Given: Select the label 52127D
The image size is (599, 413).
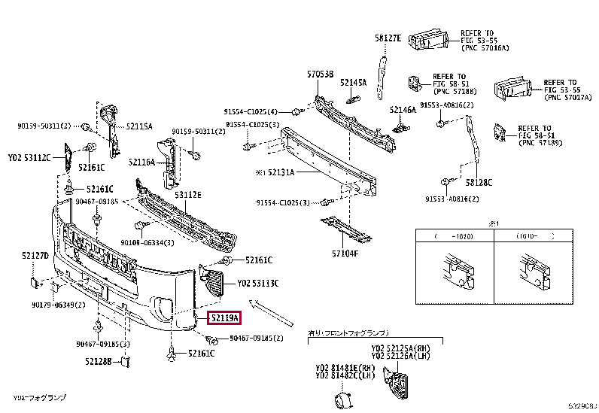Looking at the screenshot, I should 34,257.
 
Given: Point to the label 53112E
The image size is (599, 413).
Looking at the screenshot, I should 188,195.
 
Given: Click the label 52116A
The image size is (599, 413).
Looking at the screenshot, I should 141,162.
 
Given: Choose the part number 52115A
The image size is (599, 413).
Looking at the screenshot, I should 139,126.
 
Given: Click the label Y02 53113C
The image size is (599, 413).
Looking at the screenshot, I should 258,284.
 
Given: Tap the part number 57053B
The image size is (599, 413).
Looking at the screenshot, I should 320,74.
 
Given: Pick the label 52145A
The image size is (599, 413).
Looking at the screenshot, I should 353,82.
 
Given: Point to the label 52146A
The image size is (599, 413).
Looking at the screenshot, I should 403,109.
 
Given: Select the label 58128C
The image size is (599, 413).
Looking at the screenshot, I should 479,182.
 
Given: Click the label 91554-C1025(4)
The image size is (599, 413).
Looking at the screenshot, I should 251,111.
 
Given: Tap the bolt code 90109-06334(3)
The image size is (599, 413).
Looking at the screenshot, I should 147,242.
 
